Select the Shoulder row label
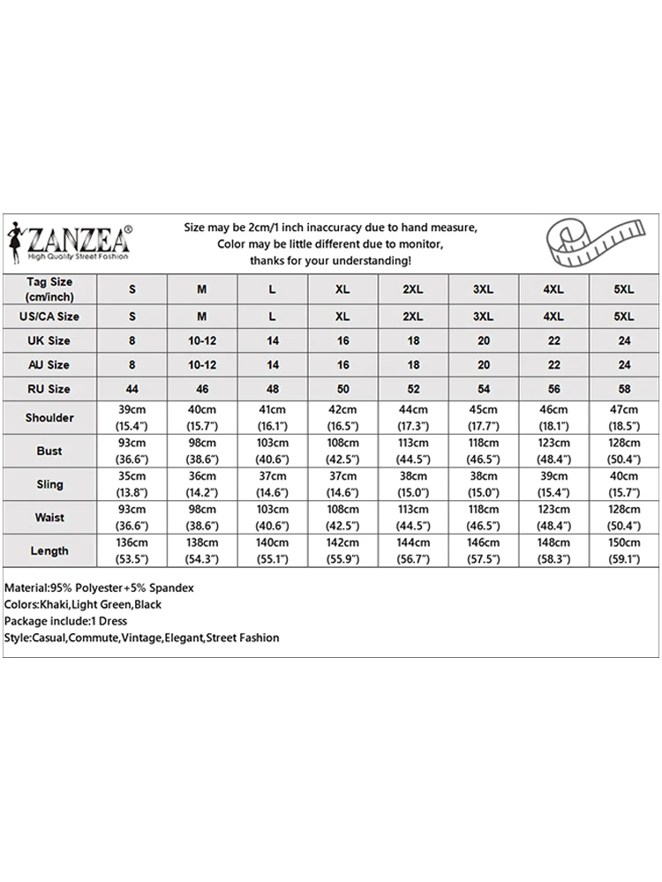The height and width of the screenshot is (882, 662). pos(49,417)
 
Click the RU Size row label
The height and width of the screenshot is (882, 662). pos(49,389)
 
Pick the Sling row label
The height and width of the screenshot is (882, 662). pos(49,484)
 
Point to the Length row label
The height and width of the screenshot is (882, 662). pos(49,550)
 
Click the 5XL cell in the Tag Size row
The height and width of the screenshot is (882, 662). pos(623,289)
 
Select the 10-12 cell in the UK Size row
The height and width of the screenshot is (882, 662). pos(202,340)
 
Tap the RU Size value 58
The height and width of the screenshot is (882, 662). pos(623,389)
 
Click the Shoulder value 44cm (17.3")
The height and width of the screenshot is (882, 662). pos(413,417)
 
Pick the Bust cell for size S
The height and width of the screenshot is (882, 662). pos(132,451)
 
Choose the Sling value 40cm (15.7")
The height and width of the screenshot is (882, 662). pos(623,484)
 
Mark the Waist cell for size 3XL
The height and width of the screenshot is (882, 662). pos(483,518)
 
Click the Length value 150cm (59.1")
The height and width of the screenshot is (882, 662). pos(623,550)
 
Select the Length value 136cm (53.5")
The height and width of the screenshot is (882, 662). pos(132,550)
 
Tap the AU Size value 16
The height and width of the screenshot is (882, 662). pos(342,364)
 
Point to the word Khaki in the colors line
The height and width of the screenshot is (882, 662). pos(57,604)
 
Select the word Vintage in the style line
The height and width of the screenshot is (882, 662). pos(141,638)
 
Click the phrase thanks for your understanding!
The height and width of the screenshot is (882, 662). pos(330,261)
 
